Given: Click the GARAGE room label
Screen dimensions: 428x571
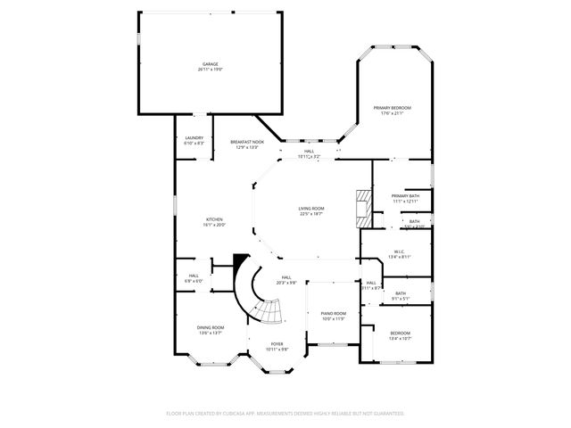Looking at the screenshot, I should click(x=211, y=64).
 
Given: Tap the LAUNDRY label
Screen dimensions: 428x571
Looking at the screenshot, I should click(x=194, y=137).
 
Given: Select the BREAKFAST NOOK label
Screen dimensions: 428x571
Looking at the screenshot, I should click(x=247, y=142).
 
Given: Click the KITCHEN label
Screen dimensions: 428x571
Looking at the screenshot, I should click(x=214, y=219).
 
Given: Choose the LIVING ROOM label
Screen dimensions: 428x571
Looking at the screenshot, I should click(x=311, y=209).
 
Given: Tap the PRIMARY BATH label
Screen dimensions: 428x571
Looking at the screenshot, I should click(x=405, y=195).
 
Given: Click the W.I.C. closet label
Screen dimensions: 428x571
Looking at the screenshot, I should click(x=400, y=251).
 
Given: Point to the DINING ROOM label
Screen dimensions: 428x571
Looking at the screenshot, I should click(x=211, y=327).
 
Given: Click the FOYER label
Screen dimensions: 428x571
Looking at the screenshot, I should click(x=277, y=343).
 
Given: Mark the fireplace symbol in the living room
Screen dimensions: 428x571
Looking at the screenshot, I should click(x=362, y=207).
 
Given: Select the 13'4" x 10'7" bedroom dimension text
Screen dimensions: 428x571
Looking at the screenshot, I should click(x=399, y=339).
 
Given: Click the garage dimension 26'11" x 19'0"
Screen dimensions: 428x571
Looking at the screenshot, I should click(x=211, y=70).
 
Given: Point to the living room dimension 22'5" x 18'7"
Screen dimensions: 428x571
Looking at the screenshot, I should click(x=311, y=214).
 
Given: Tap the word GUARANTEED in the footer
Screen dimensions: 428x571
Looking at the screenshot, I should click(x=389, y=414).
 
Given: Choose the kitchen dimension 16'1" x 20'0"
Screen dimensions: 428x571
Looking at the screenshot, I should click(x=214, y=225).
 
